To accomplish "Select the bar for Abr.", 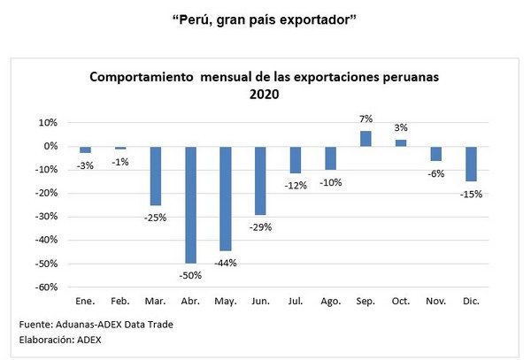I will click(x=190, y=203).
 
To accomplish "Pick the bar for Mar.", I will click(x=155, y=175).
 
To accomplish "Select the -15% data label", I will click(x=471, y=194).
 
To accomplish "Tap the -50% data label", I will click(x=190, y=274).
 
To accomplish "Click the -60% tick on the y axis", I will click(x=45, y=287).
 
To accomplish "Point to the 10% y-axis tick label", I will click(x=48, y=123).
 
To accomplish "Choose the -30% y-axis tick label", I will click(x=45, y=217).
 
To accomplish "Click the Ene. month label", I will click(x=85, y=301).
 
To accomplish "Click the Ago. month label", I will click(x=330, y=301).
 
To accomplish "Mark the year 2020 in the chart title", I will click(x=265, y=93).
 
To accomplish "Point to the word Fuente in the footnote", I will click(x=35, y=324).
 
